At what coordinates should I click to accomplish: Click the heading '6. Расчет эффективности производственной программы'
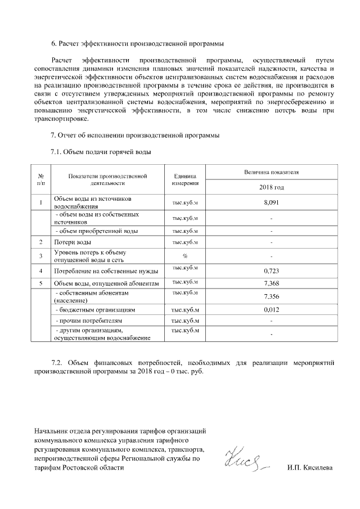click(138, 43)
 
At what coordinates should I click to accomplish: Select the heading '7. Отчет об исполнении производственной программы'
click(135, 136)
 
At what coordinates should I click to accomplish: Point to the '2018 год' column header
click(271, 187)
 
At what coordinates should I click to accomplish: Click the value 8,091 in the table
click(271, 202)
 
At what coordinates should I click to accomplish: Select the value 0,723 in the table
click(271, 271)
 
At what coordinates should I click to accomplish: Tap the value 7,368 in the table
click(271, 283)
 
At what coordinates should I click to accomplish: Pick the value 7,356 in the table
click(271, 296)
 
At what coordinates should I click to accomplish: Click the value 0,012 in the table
click(271, 310)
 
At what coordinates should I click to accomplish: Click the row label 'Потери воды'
click(73, 242)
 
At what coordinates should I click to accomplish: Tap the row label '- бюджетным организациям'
click(93, 310)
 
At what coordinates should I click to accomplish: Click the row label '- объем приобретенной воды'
click(95, 231)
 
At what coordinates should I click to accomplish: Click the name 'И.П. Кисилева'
click(309, 468)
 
